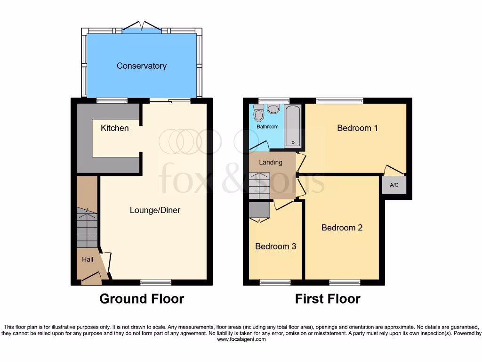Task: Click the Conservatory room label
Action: point(142,66)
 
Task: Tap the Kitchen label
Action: point(114,128)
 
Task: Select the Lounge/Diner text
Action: point(155,210)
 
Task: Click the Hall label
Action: point(88,259)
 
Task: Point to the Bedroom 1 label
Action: point(357,128)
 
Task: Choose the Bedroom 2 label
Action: point(342,228)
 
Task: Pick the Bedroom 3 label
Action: point(275,247)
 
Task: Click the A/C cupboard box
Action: point(394,185)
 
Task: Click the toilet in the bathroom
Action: point(258,114)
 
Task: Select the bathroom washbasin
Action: point(273,109)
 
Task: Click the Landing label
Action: point(271,163)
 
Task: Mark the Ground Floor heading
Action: point(142,299)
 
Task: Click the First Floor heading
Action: point(328,299)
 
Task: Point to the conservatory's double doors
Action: point(142,27)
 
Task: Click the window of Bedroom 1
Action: point(339,100)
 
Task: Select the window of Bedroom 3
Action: point(275,282)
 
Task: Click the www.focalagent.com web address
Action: point(241,339)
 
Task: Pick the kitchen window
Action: point(112,100)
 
